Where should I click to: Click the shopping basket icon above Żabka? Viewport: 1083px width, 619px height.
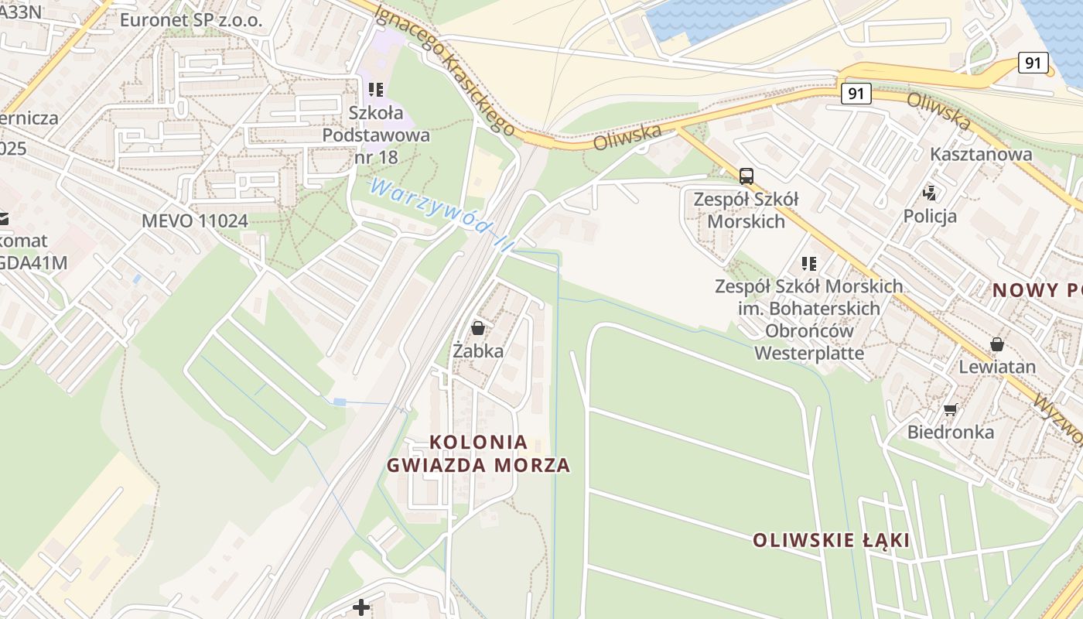coord(478,328)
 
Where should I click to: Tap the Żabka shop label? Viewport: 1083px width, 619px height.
coord(478,351)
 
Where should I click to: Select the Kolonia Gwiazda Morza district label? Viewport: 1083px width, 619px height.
coord(479,453)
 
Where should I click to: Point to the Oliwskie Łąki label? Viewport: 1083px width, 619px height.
coord(832,540)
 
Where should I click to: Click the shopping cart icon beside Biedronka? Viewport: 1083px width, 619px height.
coord(950,409)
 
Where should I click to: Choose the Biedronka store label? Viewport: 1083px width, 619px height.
coord(951,432)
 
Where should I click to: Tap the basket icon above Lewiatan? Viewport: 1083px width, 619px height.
coord(997,344)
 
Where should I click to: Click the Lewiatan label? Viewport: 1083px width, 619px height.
coord(997,366)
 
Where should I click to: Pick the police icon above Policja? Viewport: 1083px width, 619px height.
coord(930,193)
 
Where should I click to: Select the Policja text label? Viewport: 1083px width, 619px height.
coord(930,216)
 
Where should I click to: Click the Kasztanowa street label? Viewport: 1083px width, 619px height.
coord(981,154)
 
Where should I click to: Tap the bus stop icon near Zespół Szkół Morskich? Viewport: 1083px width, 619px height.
coord(746,176)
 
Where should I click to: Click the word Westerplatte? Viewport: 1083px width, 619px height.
coord(809,354)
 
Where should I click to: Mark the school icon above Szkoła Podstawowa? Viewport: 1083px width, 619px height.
coord(376,90)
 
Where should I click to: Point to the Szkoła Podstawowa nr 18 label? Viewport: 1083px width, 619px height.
coord(376,135)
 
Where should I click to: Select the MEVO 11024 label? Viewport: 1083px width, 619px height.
coord(195,221)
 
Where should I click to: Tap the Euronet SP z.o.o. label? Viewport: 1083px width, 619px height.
coord(191,20)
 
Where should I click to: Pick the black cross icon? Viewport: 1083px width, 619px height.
coord(360,607)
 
